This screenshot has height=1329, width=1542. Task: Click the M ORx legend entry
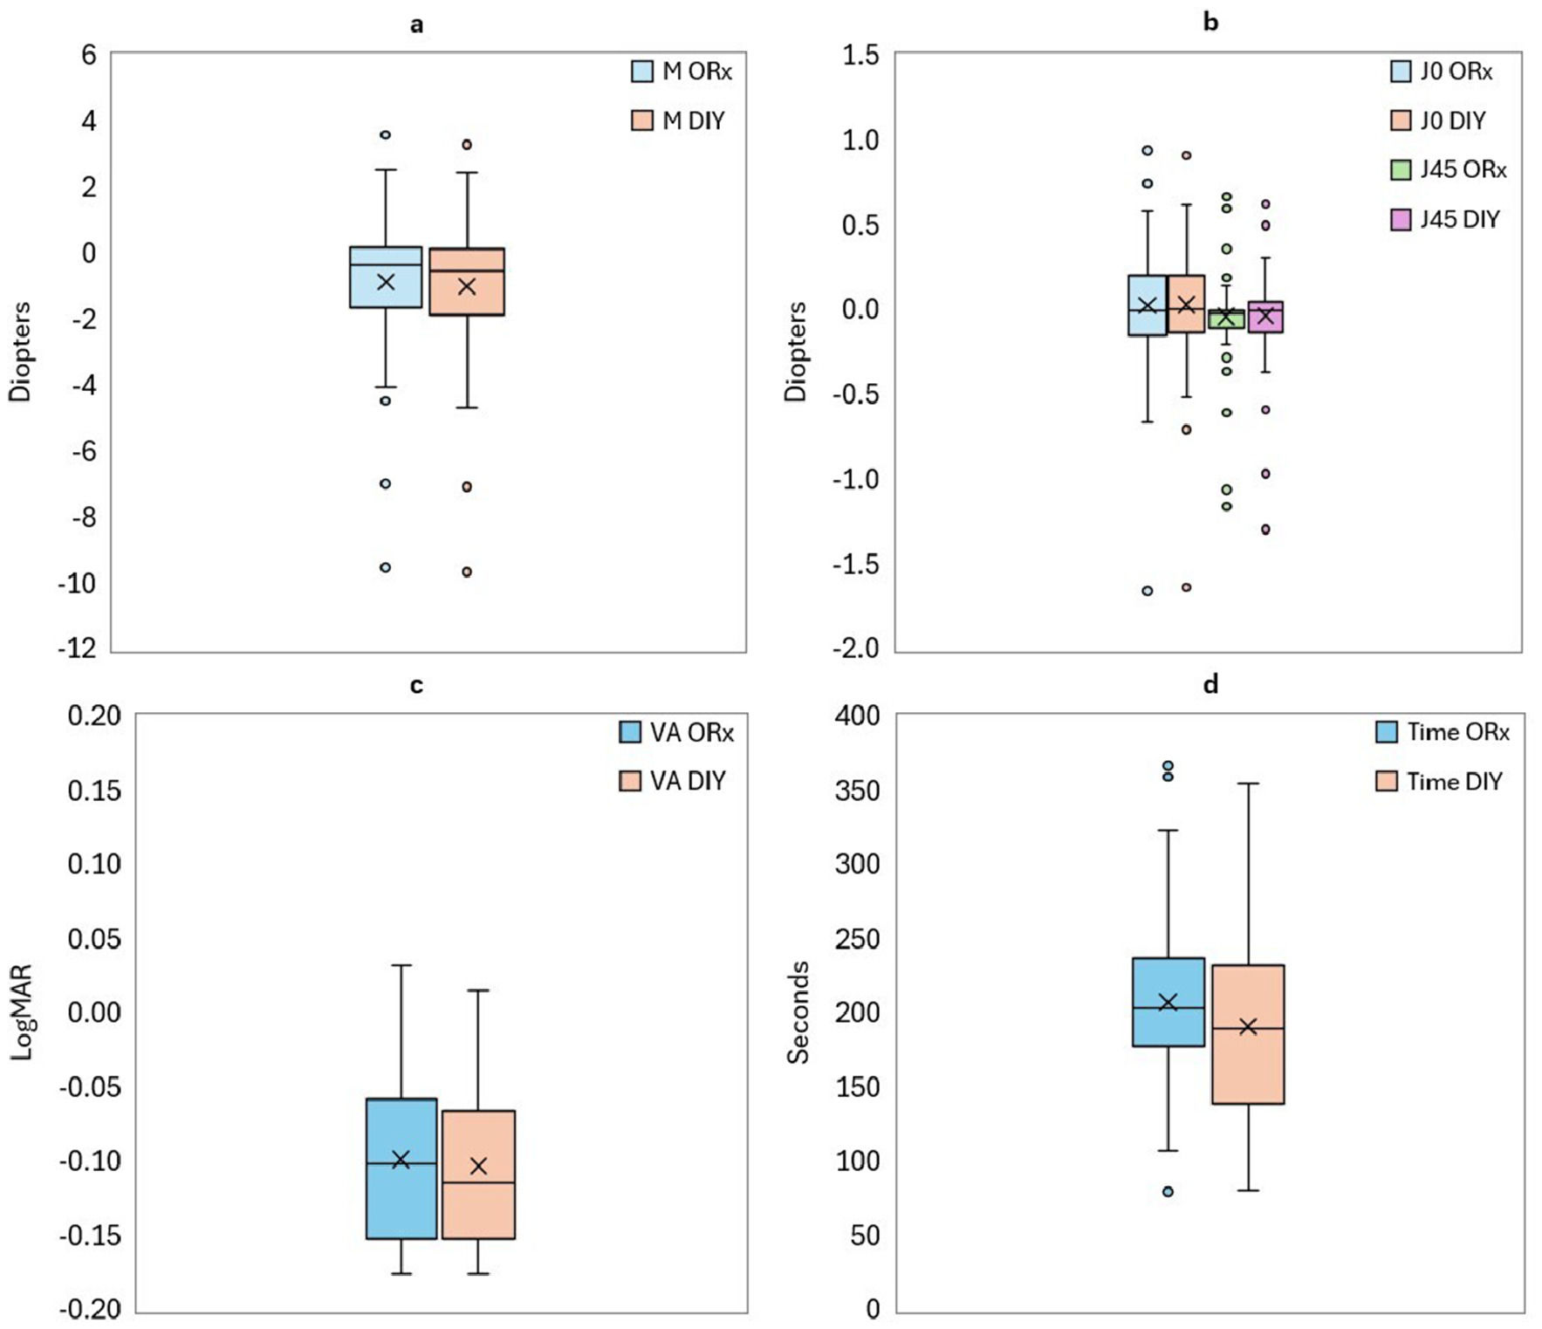coord(682,71)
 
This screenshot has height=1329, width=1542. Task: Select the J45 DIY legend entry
coord(1445,219)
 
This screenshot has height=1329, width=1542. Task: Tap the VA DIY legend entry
coord(672,780)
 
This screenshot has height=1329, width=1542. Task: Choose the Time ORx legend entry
coord(1443,731)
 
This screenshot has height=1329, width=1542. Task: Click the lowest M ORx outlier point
coord(386,567)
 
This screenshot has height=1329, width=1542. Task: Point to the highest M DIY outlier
coord(467,144)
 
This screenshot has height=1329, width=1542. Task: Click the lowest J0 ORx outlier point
coord(1148,591)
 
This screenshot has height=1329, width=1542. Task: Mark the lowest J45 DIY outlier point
coord(1265,529)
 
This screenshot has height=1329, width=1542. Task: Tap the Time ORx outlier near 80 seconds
coord(1168,1191)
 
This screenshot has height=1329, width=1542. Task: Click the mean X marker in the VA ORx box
coord(401,1159)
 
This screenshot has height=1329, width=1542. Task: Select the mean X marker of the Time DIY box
coord(1248,1026)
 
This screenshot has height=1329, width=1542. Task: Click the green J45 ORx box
coord(1226,319)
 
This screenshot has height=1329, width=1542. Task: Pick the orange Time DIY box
coord(1248,1034)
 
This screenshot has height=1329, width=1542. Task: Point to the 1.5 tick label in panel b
coord(860,55)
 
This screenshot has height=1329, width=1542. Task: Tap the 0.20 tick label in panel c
coord(94,716)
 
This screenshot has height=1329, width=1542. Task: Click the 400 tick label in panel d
coord(857,716)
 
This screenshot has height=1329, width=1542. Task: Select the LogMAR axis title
coord(21,1011)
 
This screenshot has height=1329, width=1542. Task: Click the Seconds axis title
coord(798,1012)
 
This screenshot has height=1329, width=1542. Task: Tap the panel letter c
coord(416,686)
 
